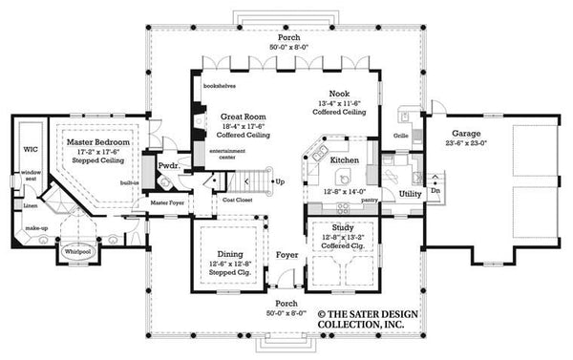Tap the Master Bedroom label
[91, 140]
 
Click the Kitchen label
[345, 161]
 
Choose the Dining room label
[224, 255]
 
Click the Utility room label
[411, 194]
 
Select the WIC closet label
[29, 149]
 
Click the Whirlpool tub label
[78, 252]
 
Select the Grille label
[402, 136]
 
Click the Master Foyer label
[166, 203]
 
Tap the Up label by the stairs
[279, 181]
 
